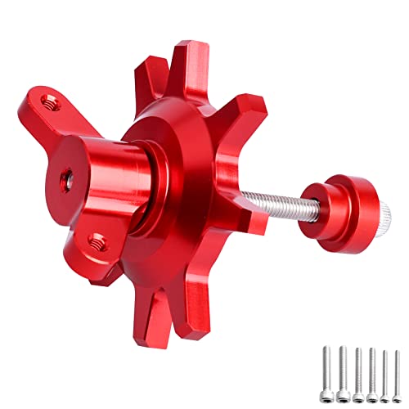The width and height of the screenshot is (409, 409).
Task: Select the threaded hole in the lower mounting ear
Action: (98, 240)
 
